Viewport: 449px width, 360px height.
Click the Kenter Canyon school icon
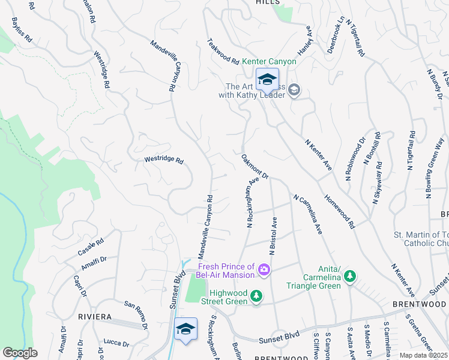268,79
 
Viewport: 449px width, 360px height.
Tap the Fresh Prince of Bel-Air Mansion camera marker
263,271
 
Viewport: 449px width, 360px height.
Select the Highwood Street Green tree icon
256,296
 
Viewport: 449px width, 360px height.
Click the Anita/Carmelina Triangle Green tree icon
349,277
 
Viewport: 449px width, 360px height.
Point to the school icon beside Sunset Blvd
186,329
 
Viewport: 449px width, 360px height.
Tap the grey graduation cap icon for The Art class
294,91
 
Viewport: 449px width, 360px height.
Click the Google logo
20,353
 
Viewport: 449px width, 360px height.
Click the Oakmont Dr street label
255,166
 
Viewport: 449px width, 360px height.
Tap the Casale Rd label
91,247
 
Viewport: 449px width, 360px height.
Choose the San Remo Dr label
136,315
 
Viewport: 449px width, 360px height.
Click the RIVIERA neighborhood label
95,316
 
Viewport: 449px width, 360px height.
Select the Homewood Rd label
339,210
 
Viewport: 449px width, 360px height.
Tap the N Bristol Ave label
273,236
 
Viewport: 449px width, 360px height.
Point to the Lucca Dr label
116,343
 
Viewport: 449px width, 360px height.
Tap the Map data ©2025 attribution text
423,355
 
